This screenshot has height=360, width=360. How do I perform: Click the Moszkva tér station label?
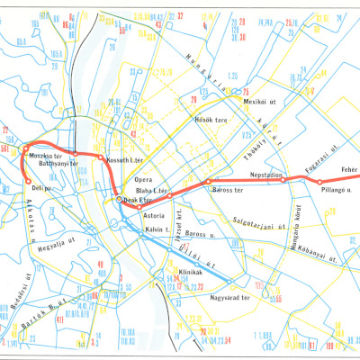click(44, 156)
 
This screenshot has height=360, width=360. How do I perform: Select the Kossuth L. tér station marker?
click(100, 157)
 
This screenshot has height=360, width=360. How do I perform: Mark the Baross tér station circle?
click(208, 182)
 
